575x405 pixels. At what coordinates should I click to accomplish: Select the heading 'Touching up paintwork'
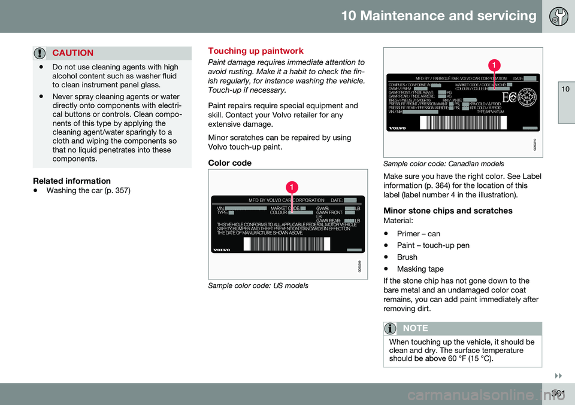point(255,51)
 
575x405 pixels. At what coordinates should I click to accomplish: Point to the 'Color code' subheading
point(230,162)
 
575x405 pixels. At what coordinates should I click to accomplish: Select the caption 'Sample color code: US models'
point(258,285)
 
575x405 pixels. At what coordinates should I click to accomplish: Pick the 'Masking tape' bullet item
point(420,269)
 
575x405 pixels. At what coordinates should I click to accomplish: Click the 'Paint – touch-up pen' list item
point(433,245)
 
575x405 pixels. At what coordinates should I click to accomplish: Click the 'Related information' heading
point(71,180)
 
